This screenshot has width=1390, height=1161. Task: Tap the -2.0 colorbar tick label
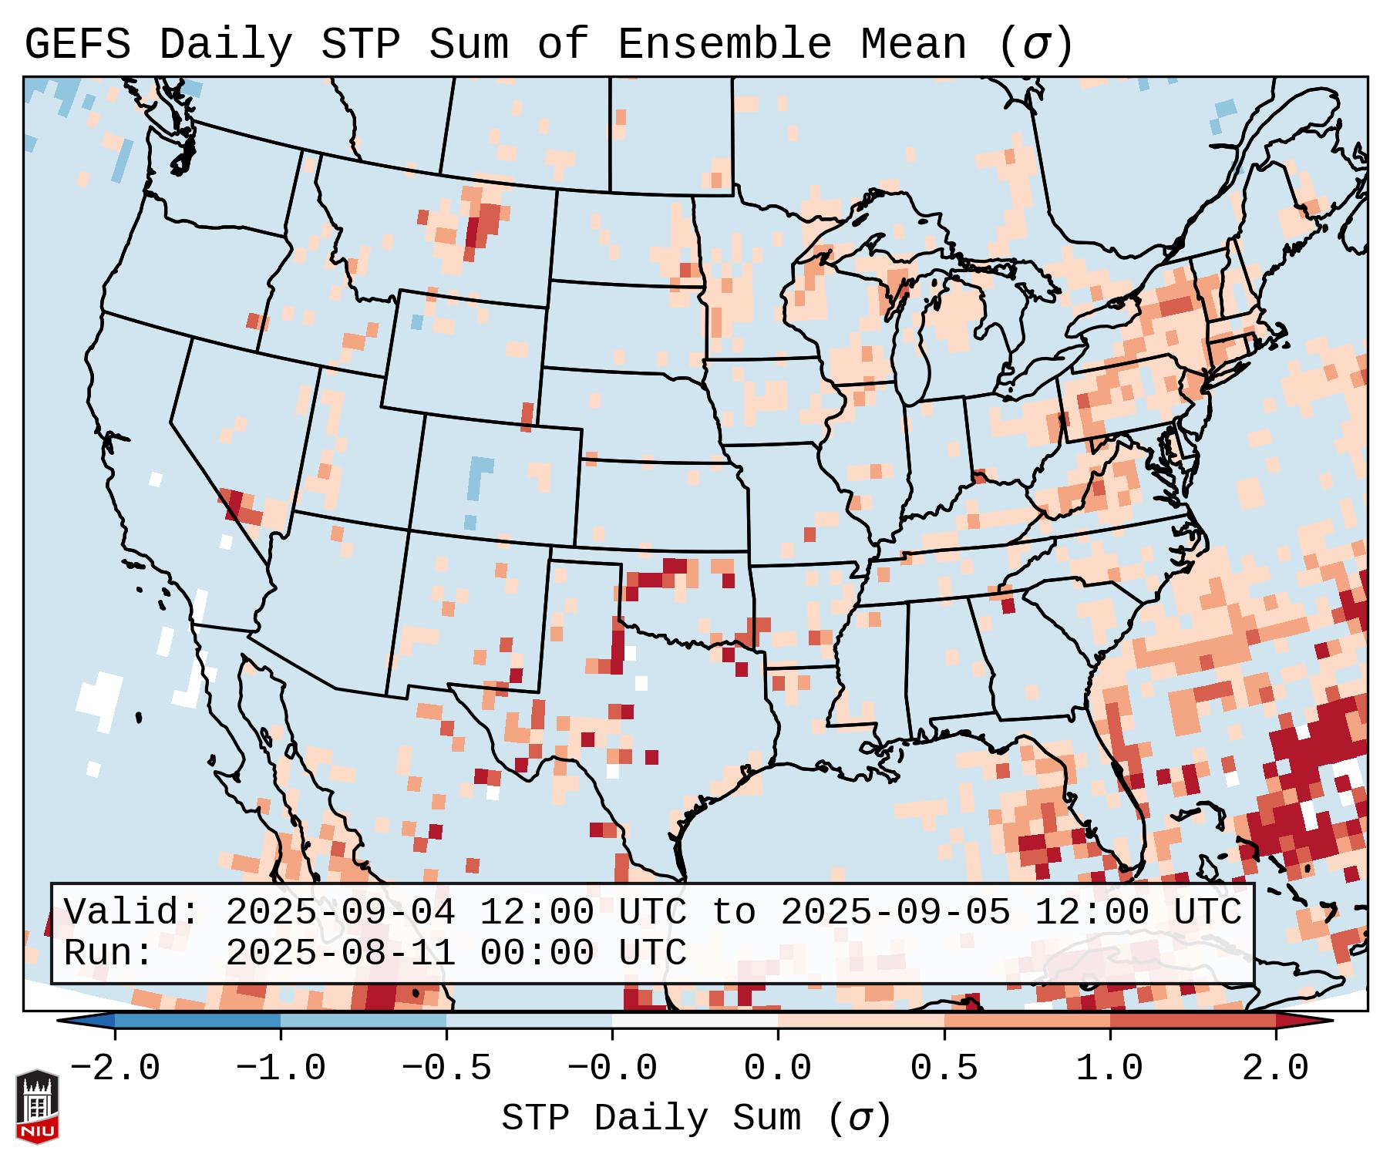pyautogui.click(x=115, y=1068)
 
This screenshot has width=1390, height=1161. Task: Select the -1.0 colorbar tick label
pyautogui.click(x=281, y=1068)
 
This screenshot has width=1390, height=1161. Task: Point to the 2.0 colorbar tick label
pyautogui.click(x=1276, y=1068)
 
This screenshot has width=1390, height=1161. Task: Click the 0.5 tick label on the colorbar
pyautogui.click(x=944, y=1068)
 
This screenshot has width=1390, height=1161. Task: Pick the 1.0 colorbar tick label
pyautogui.click(x=1109, y=1068)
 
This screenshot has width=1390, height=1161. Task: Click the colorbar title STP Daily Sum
pyautogui.click(x=695, y=1119)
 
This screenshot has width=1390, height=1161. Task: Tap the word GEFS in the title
pyautogui.click(x=78, y=45)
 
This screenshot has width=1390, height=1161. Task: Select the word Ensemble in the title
pyautogui.click(x=725, y=45)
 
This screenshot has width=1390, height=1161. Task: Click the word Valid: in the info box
pyautogui.click(x=132, y=912)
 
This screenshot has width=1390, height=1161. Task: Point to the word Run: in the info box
pyautogui.click(x=109, y=953)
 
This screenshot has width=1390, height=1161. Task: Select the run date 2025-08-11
pyautogui.click(x=340, y=953)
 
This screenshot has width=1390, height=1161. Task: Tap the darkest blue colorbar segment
pyautogui.click(x=197, y=1021)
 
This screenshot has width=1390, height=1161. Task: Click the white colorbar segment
pyautogui.click(x=695, y=1021)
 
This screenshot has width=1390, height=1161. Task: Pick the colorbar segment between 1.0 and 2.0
pyautogui.click(x=1193, y=1021)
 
